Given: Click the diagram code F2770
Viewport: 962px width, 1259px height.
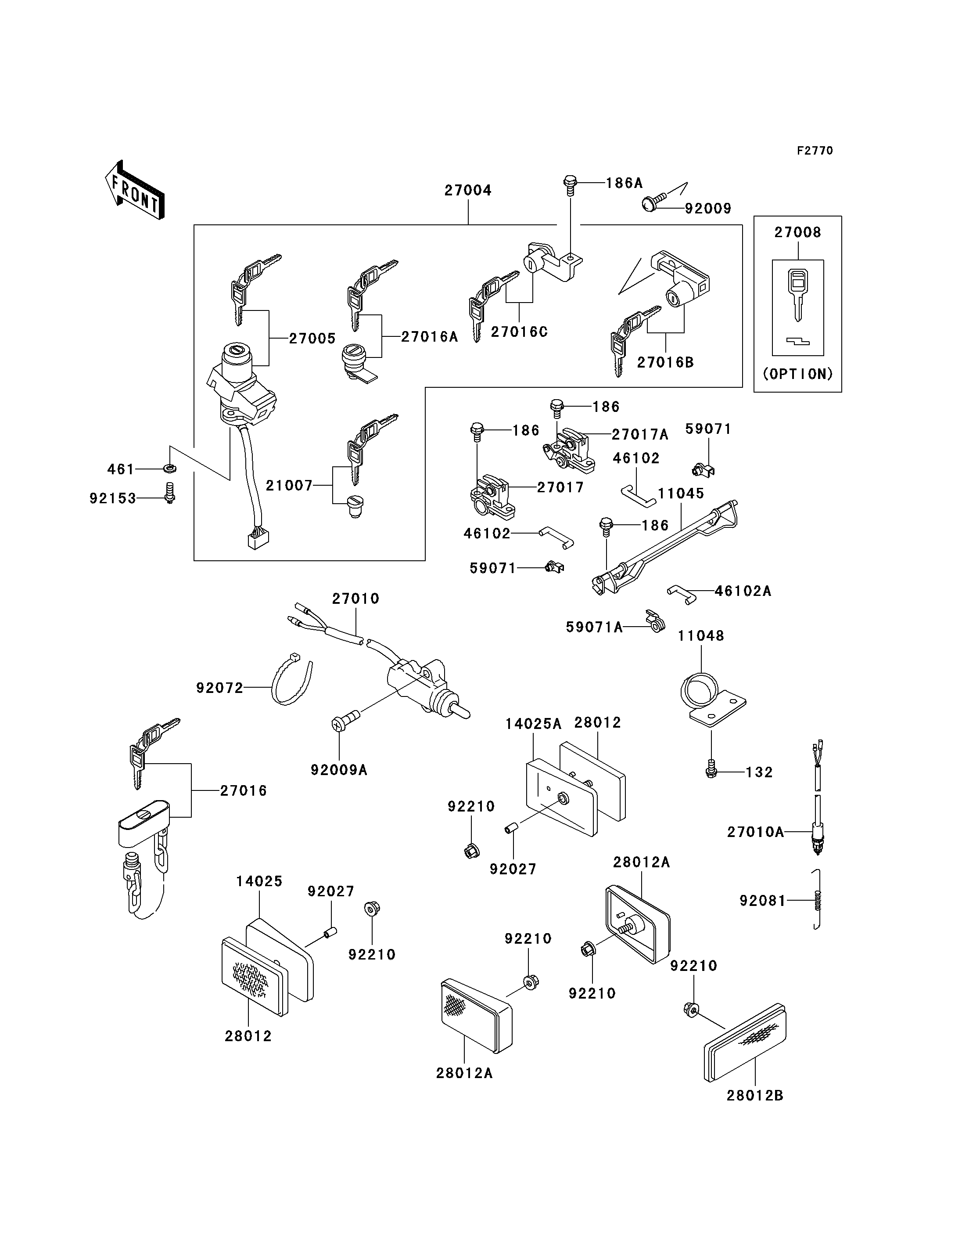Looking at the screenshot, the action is [x=815, y=151].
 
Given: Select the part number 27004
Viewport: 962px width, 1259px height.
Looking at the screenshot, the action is [x=468, y=190].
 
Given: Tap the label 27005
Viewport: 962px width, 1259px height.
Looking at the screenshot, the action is [x=312, y=338].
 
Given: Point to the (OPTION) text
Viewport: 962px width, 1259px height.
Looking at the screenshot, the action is [x=798, y=374].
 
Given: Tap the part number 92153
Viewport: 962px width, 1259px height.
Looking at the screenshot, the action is [x=113, y=498].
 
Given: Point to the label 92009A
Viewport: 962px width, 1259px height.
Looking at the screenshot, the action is [x=339, y=770].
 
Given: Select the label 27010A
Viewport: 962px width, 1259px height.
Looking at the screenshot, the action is [x=755, y=832].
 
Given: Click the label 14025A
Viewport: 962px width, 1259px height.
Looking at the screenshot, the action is [x=533, y=724].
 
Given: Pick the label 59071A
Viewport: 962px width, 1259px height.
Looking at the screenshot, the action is [x=594, y=628].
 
